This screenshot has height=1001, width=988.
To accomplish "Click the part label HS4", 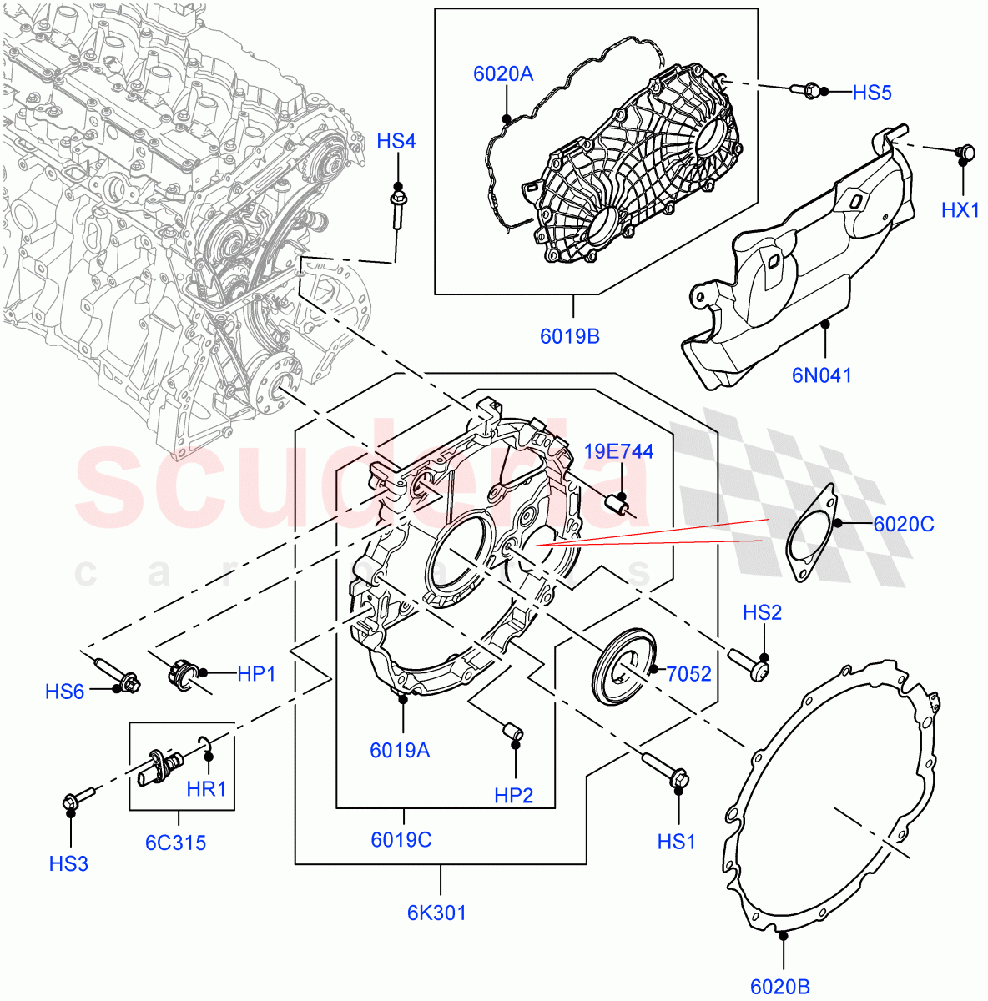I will [396, 141].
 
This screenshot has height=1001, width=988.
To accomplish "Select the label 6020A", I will [502, 74].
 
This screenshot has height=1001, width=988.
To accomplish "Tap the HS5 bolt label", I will [871, 93].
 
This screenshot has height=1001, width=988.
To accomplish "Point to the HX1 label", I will [960, 210].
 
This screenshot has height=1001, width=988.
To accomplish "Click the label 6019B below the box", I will [570, 336].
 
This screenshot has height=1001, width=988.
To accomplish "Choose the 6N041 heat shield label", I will [822, 375].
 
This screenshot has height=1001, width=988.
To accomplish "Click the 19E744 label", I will [618, 452].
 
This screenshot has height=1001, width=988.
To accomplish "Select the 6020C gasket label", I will [903, 524].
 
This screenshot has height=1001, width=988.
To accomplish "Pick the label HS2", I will [762, 613].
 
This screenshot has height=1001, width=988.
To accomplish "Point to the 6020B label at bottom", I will [780, 987].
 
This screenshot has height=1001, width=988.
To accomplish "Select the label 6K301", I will [436, 913].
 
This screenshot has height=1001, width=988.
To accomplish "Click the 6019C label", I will [401, 839].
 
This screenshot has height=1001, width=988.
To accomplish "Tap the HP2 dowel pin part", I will [512, 732].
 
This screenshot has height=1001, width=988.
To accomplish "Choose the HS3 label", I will [68, 863].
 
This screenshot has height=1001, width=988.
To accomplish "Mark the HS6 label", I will [65, 691].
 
